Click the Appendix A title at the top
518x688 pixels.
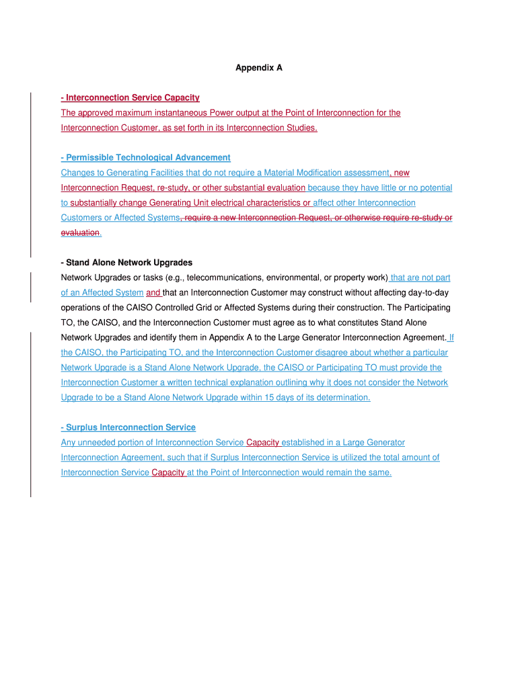258,68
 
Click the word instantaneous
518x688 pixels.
174,113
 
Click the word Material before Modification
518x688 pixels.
284,173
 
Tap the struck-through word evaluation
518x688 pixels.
80,233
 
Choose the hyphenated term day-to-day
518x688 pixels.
427,293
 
